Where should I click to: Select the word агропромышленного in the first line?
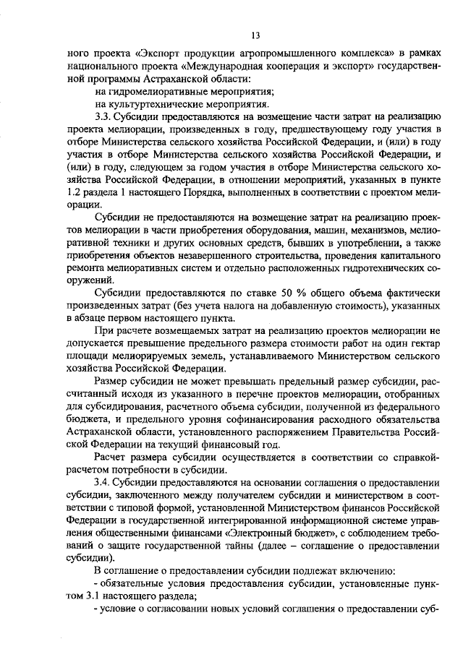pyautogui.click(x=289, y=53)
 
